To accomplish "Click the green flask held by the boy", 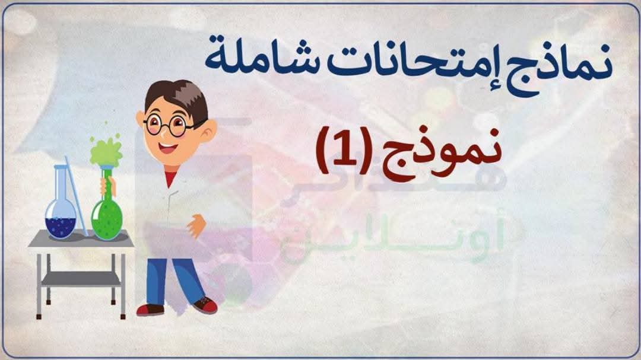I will coord(107,214).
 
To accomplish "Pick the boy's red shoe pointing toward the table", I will coord(149,309).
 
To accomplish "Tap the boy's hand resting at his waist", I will coord(196,224).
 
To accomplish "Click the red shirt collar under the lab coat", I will coord(170,176).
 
